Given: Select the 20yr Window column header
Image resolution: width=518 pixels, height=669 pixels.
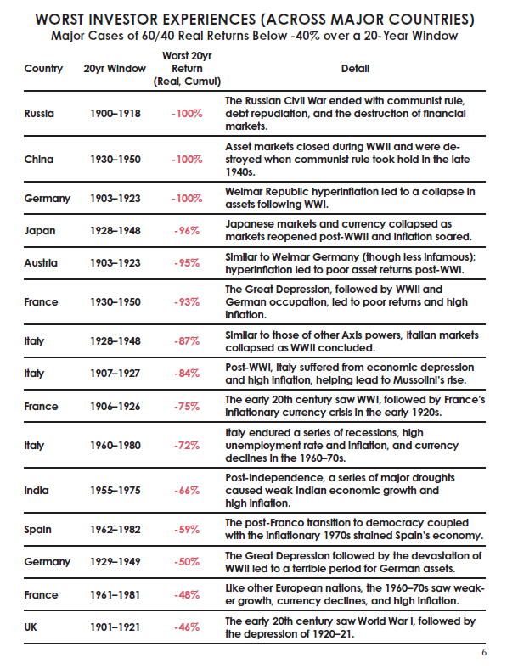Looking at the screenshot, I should (115, 68).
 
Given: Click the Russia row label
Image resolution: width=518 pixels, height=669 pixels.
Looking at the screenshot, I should (40, 113).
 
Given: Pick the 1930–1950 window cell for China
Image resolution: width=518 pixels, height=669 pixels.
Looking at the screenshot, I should (115, 159).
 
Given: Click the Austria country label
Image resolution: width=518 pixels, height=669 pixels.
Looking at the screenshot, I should (41, 262).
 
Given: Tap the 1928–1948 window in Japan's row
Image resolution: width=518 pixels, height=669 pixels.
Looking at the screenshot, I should (115, 231).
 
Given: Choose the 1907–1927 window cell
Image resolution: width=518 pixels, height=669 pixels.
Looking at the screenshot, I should (115, 373).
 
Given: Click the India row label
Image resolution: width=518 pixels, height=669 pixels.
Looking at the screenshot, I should (37, 490).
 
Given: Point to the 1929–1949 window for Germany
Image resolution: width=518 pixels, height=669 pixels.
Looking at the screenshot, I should (115, 562).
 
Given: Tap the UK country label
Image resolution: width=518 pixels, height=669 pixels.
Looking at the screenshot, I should (33, 627).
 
